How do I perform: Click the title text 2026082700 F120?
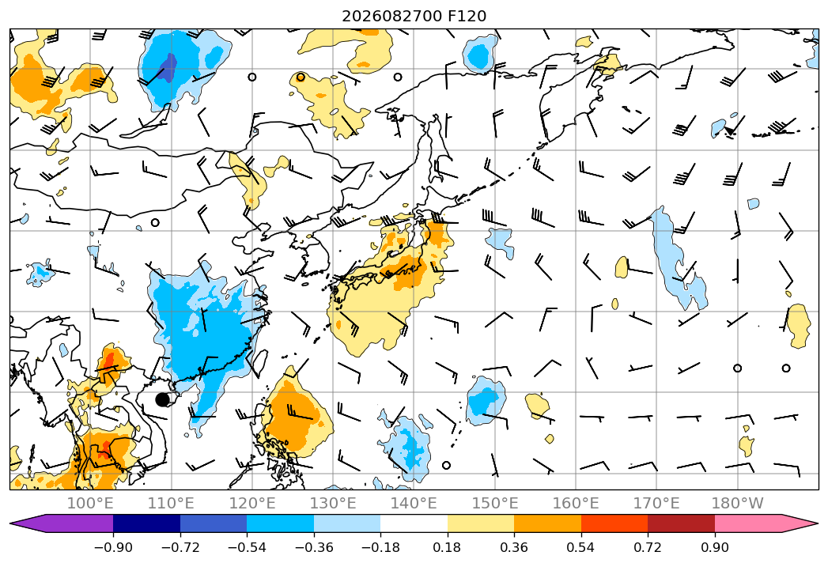(x=414, y=17)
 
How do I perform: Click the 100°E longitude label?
(x=90, y=503)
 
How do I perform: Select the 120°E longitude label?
(x=252, y=503)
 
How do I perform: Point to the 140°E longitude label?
(x=414, y=503)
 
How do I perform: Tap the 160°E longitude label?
(x=576, y=503)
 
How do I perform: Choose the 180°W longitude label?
(x=737, y=503)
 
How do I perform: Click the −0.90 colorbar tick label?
(x=113, y=547)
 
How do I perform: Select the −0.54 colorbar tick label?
(x=247, y=547)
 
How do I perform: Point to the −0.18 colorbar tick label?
(x=380, y=547)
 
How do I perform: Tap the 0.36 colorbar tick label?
(x=514, y=547)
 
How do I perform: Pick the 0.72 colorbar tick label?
(x=648, y=547)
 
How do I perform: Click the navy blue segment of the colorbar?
(x=146, y=523)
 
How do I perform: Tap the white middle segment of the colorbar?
(x=414, y=523)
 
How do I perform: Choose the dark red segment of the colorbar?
(x=681, y=523)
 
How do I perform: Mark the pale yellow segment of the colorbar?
(x=481, y=523)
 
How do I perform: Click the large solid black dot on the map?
(x=163, y=400)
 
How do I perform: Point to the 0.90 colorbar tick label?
(x=714, y=547)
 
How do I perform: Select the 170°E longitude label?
(x=656, y=503)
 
